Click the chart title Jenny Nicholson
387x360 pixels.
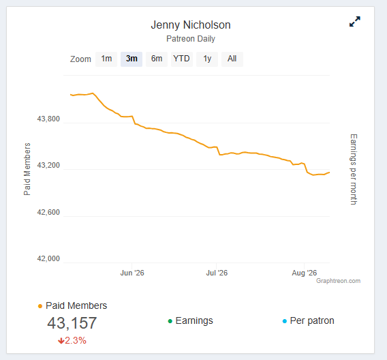[191, 25]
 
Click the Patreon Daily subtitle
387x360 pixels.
[191, 39]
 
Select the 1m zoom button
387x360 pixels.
[106, 59]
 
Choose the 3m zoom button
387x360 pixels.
[131, 59]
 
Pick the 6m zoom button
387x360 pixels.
[157, 59]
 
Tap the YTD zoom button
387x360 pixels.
[182, 59]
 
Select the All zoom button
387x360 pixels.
[232, 59]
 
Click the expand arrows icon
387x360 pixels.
[355, 22]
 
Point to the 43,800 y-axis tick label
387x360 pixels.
[48, 119]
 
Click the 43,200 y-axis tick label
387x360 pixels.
[48, 165]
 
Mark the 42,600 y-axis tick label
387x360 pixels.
[48, 212]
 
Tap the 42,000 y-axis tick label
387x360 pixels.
[48, 259]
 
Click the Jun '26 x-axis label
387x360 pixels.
[132, 273]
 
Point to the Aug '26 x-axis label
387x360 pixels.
[305, 273]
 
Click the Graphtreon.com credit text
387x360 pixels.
[339, 281]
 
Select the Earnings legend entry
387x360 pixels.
[190, 320]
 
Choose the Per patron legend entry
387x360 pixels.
[308, 320]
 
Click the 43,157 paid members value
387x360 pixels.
[72, 323]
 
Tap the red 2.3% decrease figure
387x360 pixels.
[72, 341]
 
